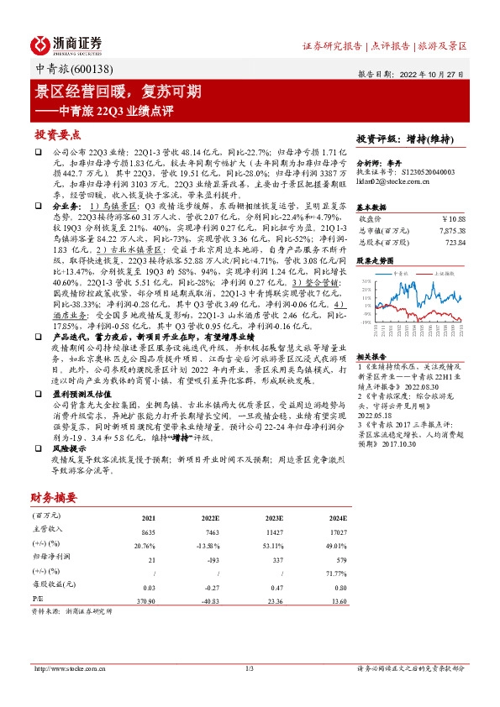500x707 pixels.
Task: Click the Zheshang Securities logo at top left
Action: click(x=67, y=45)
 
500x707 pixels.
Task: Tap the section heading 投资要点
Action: click(x=58, y=134)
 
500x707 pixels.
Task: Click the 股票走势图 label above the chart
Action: click(x=375, y=261)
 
